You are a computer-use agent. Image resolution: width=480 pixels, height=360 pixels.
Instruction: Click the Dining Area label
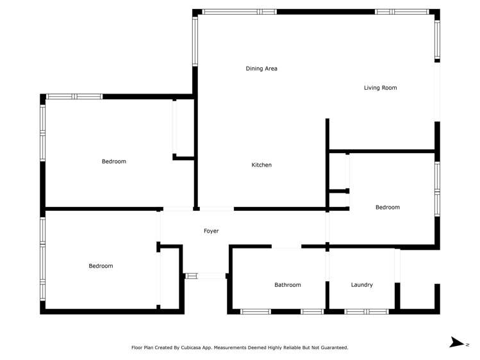[261, 69]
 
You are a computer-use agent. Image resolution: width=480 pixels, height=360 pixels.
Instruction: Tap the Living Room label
[380, 88]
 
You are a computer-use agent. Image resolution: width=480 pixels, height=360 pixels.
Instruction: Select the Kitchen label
[261, 165]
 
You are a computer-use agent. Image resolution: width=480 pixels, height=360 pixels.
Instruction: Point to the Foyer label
[211, 231]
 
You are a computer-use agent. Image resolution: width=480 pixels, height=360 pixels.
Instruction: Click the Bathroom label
[287, 285]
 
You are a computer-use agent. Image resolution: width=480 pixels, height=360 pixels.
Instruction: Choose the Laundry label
[361, 285]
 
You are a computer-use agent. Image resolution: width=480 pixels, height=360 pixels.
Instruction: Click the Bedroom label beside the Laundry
[387, 208]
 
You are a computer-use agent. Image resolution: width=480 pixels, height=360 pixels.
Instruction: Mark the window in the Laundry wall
[366, 311]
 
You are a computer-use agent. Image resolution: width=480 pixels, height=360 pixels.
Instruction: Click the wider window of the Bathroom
[255, 311]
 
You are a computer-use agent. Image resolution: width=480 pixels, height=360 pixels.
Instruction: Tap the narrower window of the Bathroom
[312, 311]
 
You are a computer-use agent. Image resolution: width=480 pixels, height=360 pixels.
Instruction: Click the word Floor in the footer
[137, 348]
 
